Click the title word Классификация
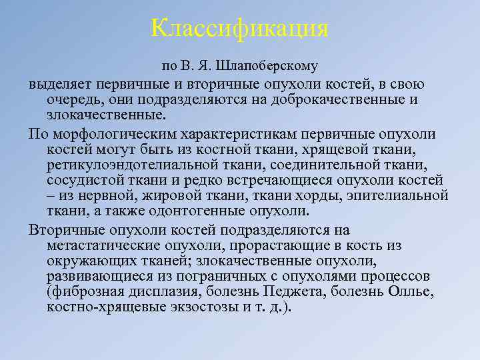click(x=240, y=28)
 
